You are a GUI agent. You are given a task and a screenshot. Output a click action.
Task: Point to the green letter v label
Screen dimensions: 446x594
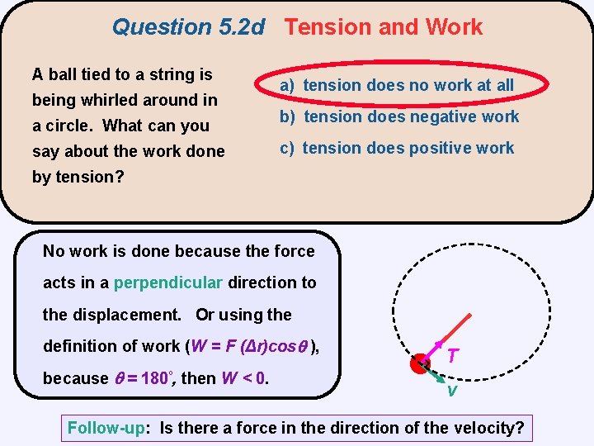(451, 391)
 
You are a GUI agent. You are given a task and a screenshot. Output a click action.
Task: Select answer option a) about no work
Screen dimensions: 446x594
(397, 85)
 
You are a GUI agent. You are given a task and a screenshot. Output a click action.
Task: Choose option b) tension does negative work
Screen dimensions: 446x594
(399, 116)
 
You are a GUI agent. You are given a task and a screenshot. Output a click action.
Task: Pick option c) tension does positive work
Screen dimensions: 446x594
(397, 148)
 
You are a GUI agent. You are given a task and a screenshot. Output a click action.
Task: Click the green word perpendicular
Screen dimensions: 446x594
(168, 282)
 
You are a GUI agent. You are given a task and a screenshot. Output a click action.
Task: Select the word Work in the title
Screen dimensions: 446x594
(454, 27)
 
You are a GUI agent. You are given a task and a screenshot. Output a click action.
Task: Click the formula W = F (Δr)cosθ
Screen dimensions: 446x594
(250, 346)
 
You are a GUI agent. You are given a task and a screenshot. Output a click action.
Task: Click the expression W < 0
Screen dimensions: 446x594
(247, 378)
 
